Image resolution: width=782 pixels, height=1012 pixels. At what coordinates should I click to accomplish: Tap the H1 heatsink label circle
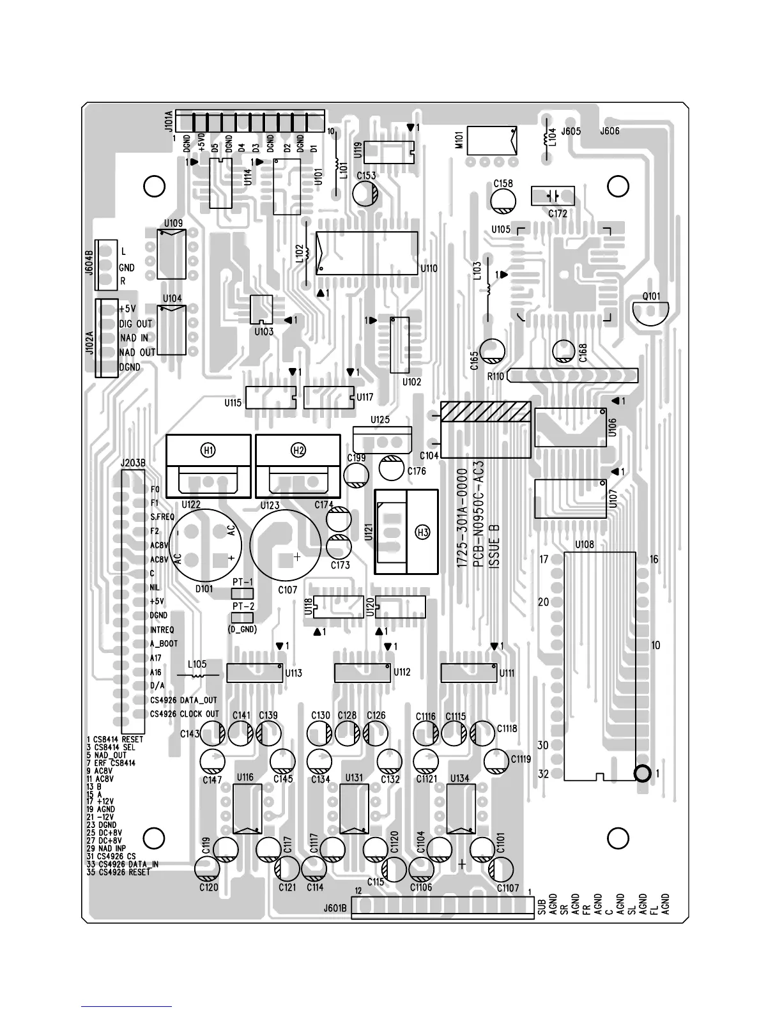pos(208,450)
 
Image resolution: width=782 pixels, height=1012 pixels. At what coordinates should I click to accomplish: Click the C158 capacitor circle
pos(503,201)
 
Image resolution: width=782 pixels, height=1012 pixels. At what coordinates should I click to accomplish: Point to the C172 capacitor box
pos(553,195)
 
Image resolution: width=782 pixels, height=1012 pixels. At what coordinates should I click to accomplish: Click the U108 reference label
pos(584,545)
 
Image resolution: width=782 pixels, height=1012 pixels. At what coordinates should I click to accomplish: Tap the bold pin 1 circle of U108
pos(643,773)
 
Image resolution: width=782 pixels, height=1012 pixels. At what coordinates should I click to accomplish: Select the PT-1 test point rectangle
pos(243,594)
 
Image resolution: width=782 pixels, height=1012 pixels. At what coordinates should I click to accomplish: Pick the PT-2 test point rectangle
pos(243,617)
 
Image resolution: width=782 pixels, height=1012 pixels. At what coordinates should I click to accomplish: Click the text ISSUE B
pos(494,546)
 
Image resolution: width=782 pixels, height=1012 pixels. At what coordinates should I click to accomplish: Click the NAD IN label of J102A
pos(134,338)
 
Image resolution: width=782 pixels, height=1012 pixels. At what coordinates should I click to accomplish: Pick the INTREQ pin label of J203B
pos(162,630)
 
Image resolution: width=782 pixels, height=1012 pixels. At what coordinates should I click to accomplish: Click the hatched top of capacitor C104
pos(486,411)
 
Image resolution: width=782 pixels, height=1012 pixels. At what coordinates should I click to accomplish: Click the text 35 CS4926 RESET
pos(119,872)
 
